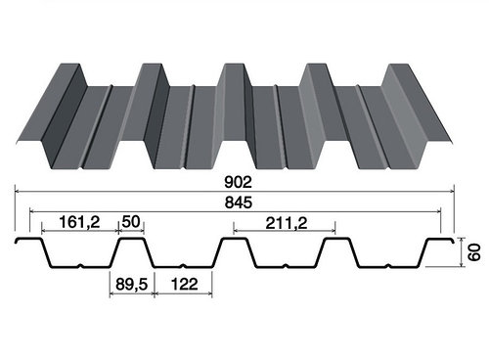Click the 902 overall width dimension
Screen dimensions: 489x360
239,182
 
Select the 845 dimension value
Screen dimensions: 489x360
239,202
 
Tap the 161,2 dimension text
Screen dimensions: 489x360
79,222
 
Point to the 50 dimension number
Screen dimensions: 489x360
131,222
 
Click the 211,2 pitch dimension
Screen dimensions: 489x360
287,223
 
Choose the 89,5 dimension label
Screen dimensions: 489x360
132,285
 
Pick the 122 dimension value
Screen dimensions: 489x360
184,284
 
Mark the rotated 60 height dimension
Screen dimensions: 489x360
474,251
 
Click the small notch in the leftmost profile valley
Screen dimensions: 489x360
81,265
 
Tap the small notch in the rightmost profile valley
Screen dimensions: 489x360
388,265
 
